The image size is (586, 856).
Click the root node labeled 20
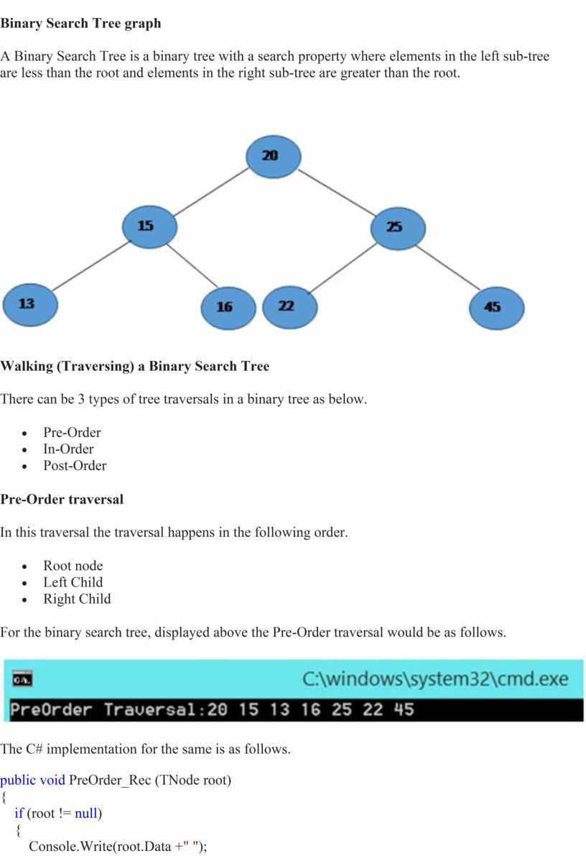click(x=273, y=157)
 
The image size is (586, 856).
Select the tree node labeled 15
click(x=149, y=226)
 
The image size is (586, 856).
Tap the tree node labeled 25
click(x=398, y=229)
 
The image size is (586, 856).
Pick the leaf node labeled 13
click(x=30, y=305)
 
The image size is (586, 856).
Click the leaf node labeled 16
click(x=228, y=308)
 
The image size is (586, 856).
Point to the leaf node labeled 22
click(x=289, y=307)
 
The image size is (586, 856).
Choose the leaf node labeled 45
click(x=496, y=308)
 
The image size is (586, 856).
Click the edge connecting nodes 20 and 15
click(x=211, y=192)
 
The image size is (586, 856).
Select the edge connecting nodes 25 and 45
click(x=447, y=267)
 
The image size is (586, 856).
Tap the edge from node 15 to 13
click(x=92, y=265)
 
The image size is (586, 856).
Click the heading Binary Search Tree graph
click(x=80, y=24)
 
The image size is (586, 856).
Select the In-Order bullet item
click(x=69, y=448)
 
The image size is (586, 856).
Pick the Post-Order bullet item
click(x=75, y=466)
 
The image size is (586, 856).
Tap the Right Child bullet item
click(x=77, y=599)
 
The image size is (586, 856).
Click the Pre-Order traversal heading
click(x=62, y=499)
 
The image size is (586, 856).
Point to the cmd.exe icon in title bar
click(x=22, y=680)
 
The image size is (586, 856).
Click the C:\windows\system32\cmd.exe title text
click(x=435, y=678)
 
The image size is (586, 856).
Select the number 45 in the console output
click(x=404, y=709)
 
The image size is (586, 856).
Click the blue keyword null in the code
click(x=86, y=814)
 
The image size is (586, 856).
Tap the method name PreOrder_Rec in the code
click(x=110, y=780)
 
